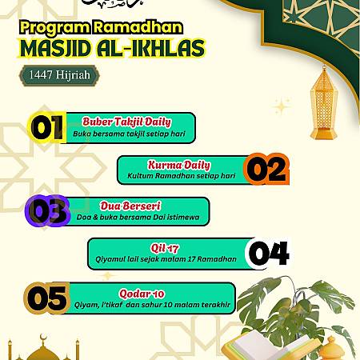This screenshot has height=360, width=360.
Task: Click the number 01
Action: pyautogui.click(x=46, y=126)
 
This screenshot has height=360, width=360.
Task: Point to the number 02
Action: pyautogui.click(x=265, y=170)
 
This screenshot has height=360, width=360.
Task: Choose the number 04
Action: pyautogui.click(x=267, y=254)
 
